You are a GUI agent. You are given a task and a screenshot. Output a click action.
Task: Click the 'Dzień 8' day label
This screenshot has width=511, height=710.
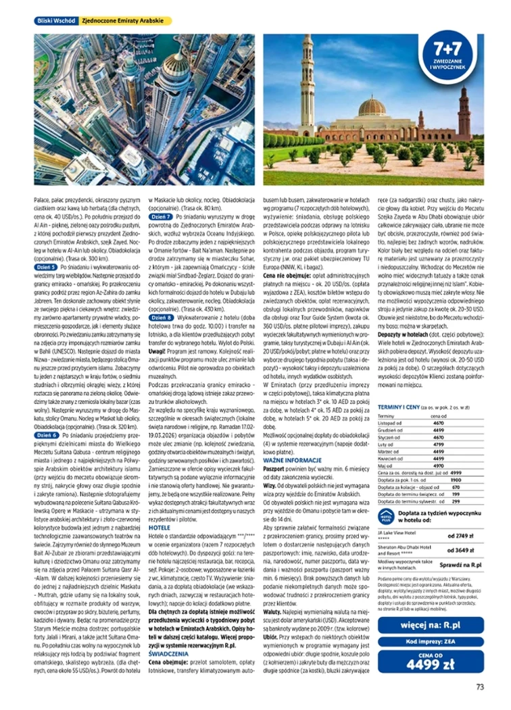pyautogui.click(x=160, y=316)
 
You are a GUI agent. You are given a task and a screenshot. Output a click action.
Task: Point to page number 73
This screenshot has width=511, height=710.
pyautogui.click(x=479, y=688)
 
